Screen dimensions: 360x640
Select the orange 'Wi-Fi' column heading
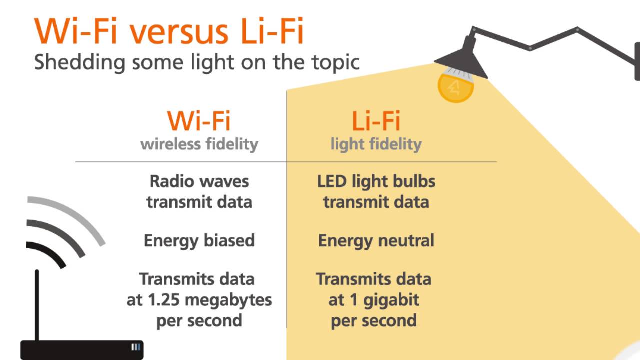(x=199, y=121)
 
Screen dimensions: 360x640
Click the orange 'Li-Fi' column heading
(x=376, y=121)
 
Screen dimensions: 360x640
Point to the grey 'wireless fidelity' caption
(x=199, y=144)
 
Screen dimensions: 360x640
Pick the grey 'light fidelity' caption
(x=376, y=144)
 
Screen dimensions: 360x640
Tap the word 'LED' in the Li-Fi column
(x=332, y=181)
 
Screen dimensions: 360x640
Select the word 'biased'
(x=228, y=240)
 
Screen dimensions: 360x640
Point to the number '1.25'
(x=166, y=300)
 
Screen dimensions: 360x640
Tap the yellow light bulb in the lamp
(x=455, y=86)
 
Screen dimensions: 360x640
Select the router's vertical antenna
(x=37, y=305)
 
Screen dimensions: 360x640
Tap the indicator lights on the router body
(x=136, y=347)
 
